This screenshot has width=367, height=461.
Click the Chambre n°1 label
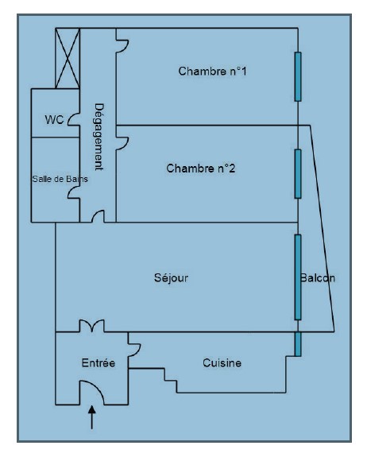point(212,72)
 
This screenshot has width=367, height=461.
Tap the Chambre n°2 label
point(201,169)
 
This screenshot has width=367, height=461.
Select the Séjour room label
point(171,278)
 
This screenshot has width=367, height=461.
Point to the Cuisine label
point(222,362)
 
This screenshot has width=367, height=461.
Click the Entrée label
point(99,362)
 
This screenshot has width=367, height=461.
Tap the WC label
point(54,120)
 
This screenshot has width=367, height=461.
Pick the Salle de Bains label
point(60,179)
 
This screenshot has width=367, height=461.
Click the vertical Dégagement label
point(99,137)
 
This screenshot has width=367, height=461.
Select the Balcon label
point(318,278)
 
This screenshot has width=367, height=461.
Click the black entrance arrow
point(92,417)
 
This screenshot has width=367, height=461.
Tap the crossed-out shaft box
point(68,58)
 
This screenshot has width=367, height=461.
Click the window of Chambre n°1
point(298,77)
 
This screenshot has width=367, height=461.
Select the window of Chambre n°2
point(298,174)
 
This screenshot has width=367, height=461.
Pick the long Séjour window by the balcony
point(298,277)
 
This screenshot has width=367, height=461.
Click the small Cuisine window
point(298,344)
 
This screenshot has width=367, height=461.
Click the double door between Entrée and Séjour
point(91,326)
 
